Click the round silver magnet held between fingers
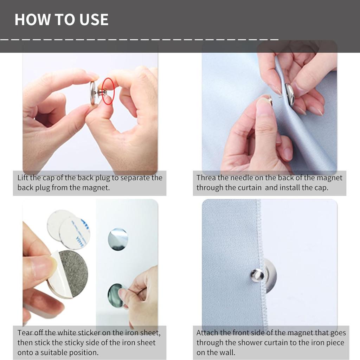point(93,93)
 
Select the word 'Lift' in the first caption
point(23,178)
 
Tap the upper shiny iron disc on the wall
point(118,239)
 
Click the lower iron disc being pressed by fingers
point(116,295)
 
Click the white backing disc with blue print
point(75,233)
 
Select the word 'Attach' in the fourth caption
point(207,333)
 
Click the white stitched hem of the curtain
point(262,264)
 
